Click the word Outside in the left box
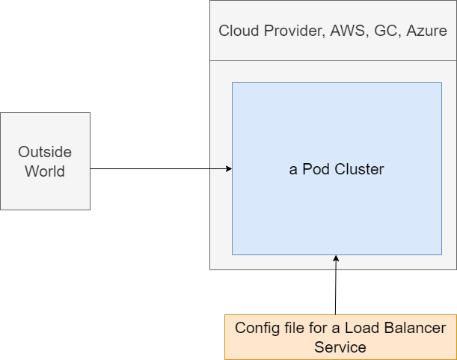[x=45, y=152]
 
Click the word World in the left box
[x=45, y=171]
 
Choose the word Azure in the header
[x=426, y=31]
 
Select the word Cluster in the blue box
[x=358, y=169]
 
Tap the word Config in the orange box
[x=256, y=329]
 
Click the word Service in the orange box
[x=340, y=347]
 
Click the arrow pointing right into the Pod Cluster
[x=221, y=169]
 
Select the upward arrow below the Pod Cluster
[x=336, y=262]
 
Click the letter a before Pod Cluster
[x=293, y=170]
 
